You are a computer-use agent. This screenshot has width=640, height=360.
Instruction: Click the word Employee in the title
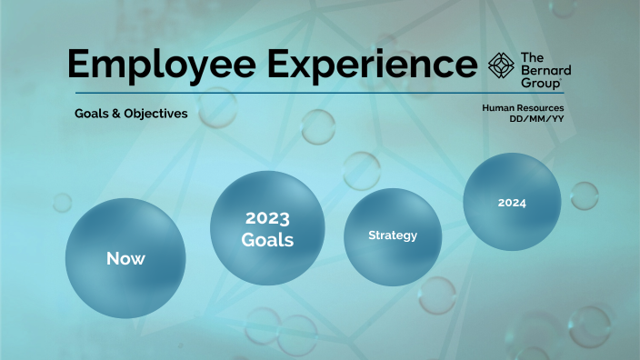point(163,64)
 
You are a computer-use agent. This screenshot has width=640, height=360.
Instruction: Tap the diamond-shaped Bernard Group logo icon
point(501,66)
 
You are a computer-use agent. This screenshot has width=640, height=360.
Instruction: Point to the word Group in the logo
point(541,83)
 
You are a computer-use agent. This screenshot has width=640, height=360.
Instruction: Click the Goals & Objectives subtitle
point(132,115)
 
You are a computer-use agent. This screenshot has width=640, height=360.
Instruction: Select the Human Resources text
point(524,108)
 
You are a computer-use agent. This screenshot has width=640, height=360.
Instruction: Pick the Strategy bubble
point(392,235)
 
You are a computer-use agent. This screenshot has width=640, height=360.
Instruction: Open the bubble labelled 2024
point(512,202)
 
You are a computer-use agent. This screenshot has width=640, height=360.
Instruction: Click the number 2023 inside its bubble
point(267,219)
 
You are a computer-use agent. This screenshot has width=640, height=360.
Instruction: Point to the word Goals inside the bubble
point(267,240)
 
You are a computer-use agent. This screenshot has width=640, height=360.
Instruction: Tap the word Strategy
point(392,235)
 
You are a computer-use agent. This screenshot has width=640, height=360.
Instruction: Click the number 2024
point(512,203)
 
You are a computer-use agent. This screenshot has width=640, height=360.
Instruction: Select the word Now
point(125,258)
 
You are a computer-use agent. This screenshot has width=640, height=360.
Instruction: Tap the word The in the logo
point(532,57)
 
